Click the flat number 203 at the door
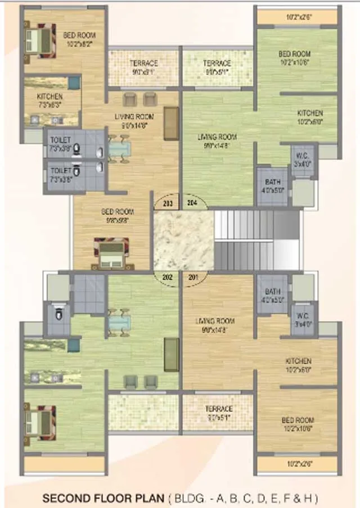(167, 203)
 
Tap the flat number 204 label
(191, 203)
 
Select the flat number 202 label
(167, 276)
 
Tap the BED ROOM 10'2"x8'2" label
(79, 38)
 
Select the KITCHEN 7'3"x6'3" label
(50, 100)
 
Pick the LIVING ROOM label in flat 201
(215, 325)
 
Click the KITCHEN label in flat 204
(310, 116)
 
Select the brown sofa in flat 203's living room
(171, 124)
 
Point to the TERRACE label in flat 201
(218, 412)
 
